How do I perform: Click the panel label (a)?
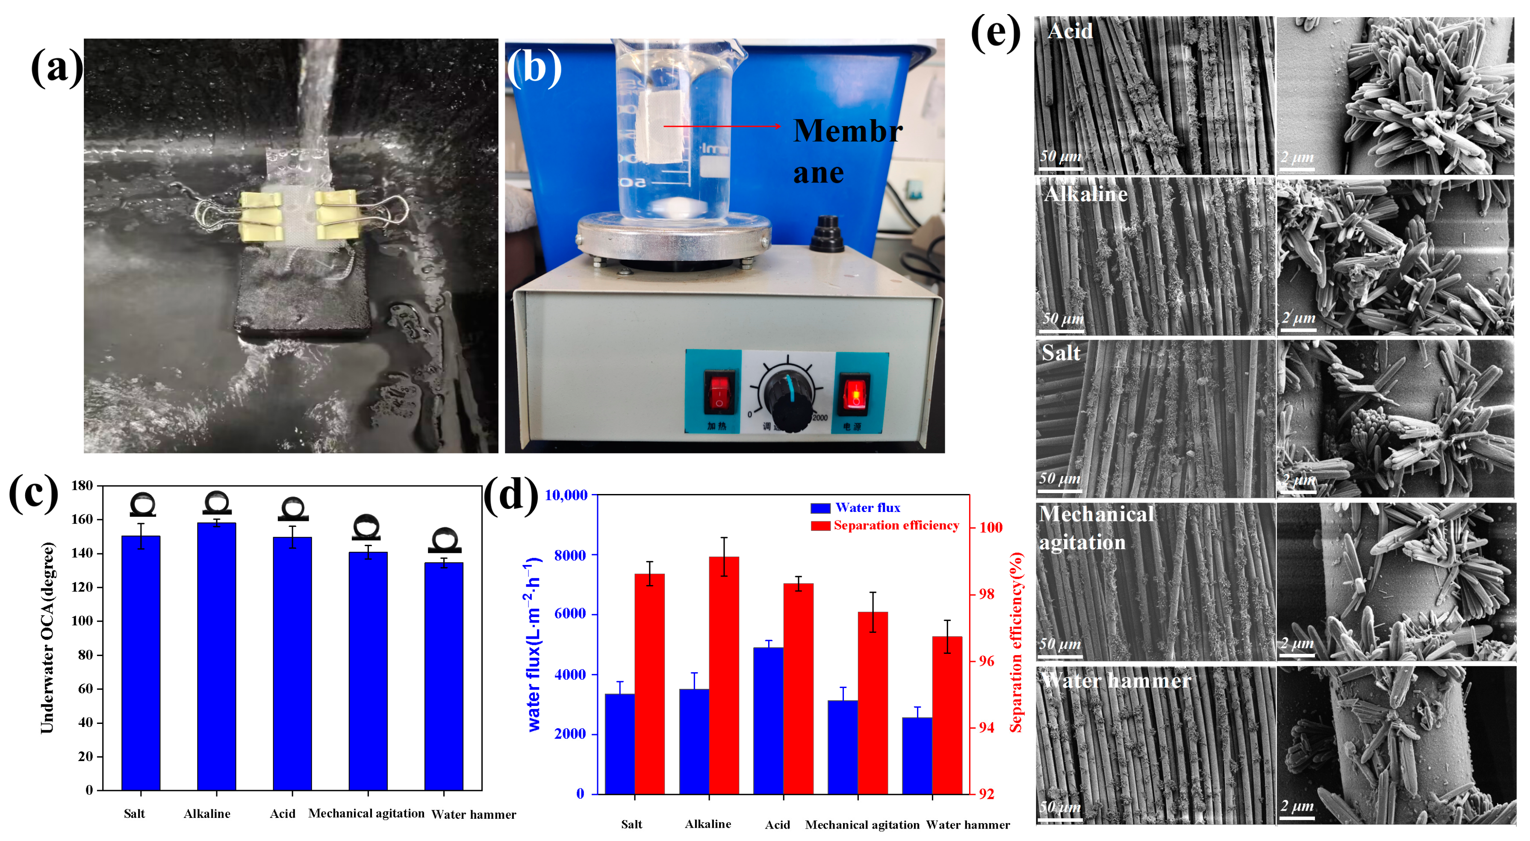point(56,67)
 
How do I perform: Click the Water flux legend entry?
point(856,508)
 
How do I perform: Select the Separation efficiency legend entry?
point(885,526)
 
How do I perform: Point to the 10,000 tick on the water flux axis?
point(566,495)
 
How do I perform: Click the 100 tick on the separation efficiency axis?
point(991,527)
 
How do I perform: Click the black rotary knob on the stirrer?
point(788,398)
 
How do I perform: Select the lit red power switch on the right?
point(855,393)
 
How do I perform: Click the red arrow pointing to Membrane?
point(722,126)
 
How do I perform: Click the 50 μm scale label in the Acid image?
point(1060,157)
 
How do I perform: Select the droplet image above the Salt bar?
point(142,505)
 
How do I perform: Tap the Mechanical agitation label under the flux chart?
point(862,824)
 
